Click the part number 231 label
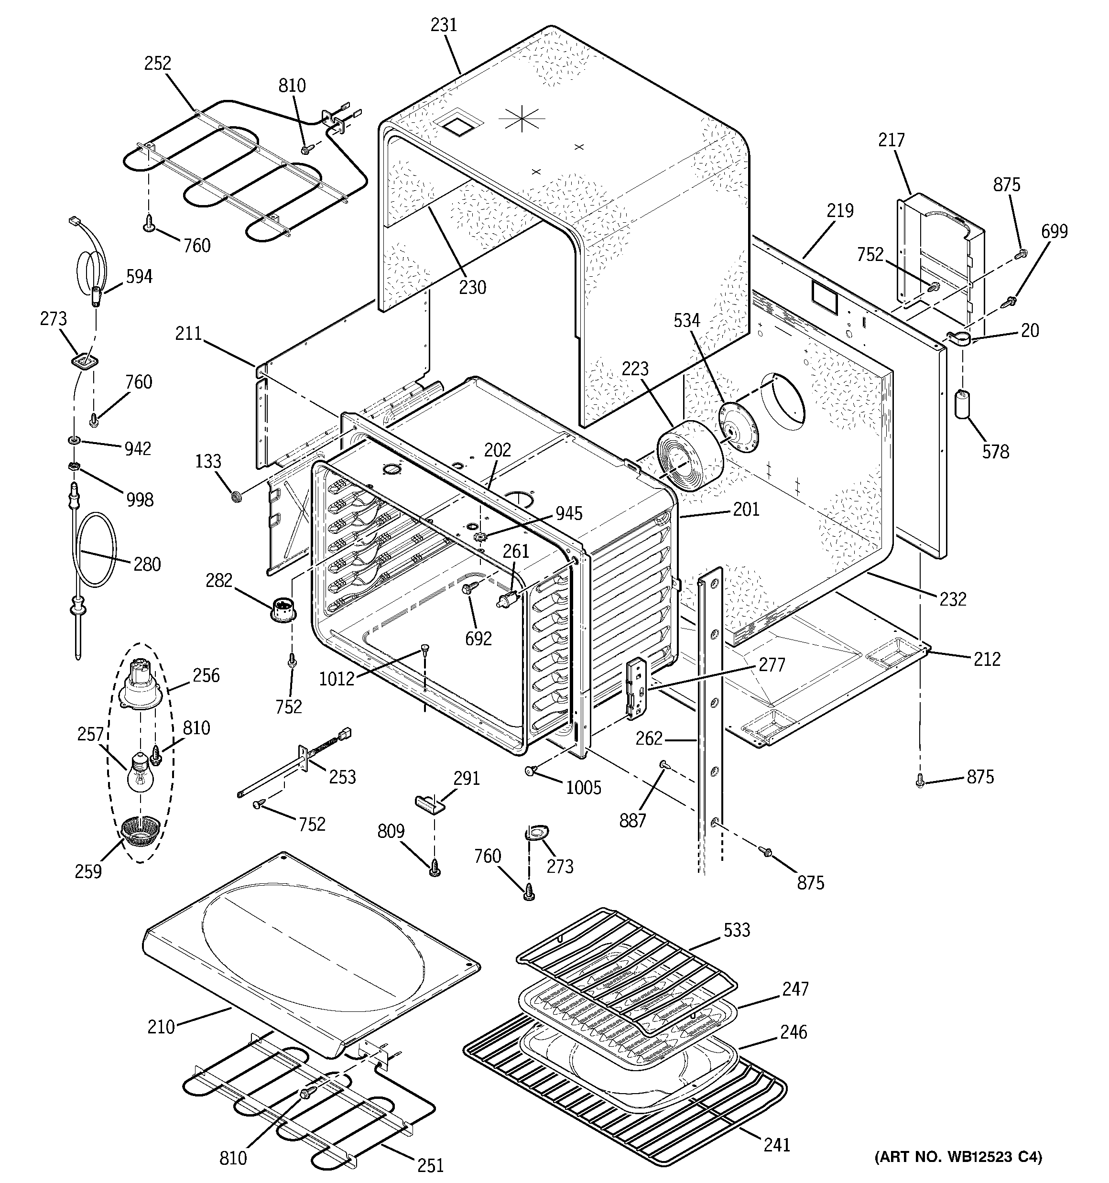(x=444, y=25)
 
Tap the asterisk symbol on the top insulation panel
(x=522, y=119)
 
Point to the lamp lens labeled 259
(x=141, y=833)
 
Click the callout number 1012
(x=337, y=678)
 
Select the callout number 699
(x=1054, y=231)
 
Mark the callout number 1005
(x=583, y=788)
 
